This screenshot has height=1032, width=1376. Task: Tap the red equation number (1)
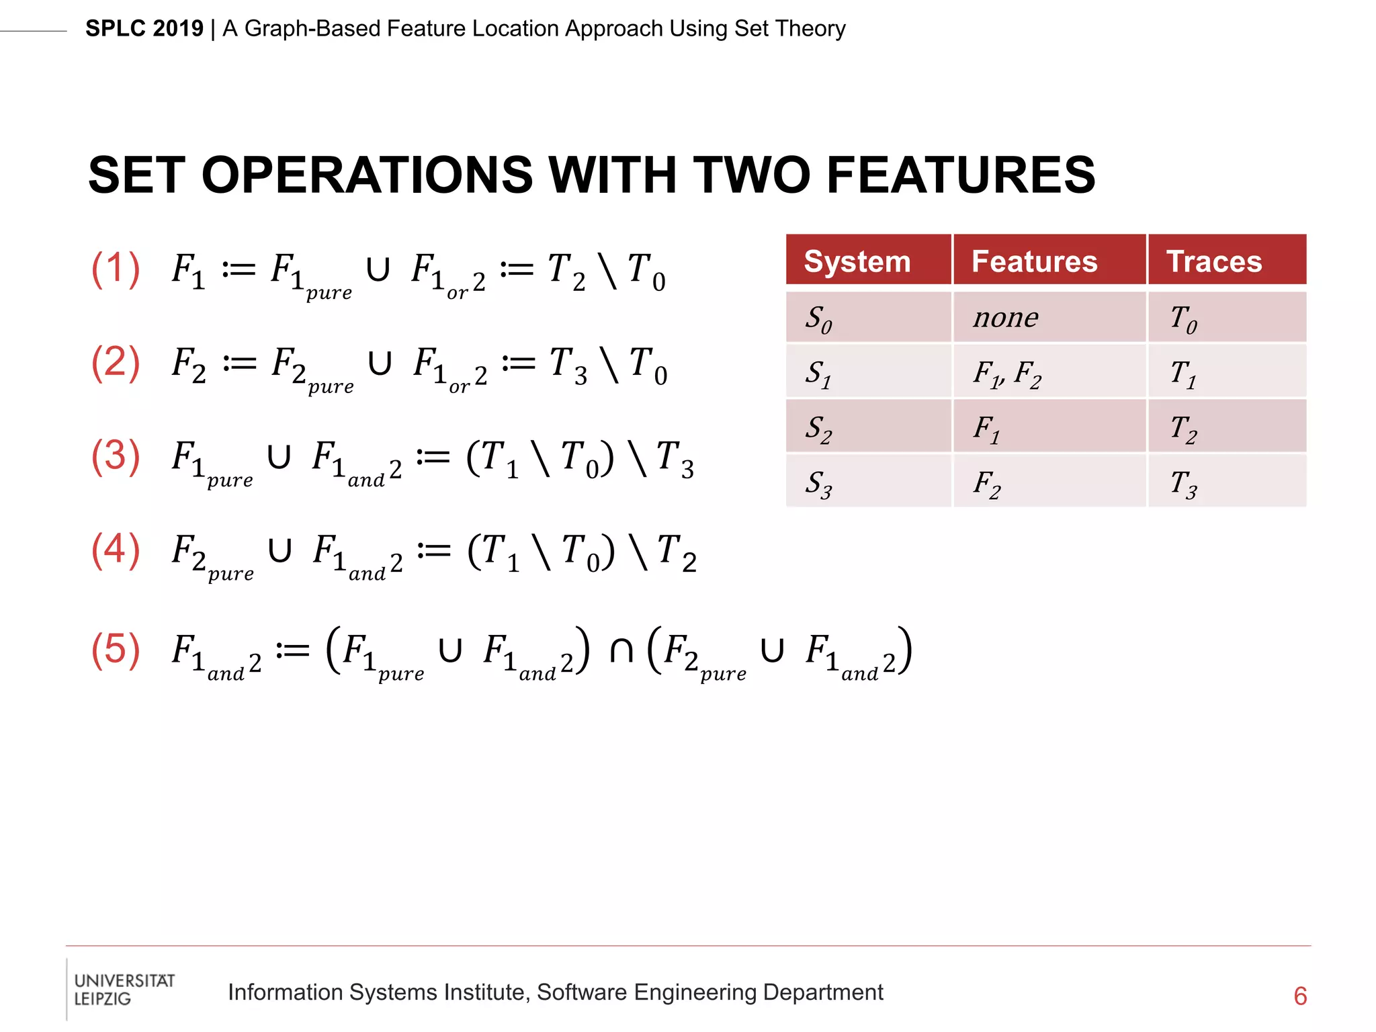point(116,269)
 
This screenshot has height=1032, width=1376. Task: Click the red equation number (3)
point(116,456)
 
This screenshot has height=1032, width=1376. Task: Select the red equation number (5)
point(116,650)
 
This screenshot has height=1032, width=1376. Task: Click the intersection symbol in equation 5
point(621,650)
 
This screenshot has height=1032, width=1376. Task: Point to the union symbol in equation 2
point(380,364)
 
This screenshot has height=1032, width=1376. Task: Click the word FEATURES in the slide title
point(961,175)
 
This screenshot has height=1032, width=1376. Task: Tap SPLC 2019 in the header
point(144,29)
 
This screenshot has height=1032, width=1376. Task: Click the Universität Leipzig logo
point(124,989)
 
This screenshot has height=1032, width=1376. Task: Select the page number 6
point(1300,996)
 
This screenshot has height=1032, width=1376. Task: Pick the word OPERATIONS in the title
point(367,175)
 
